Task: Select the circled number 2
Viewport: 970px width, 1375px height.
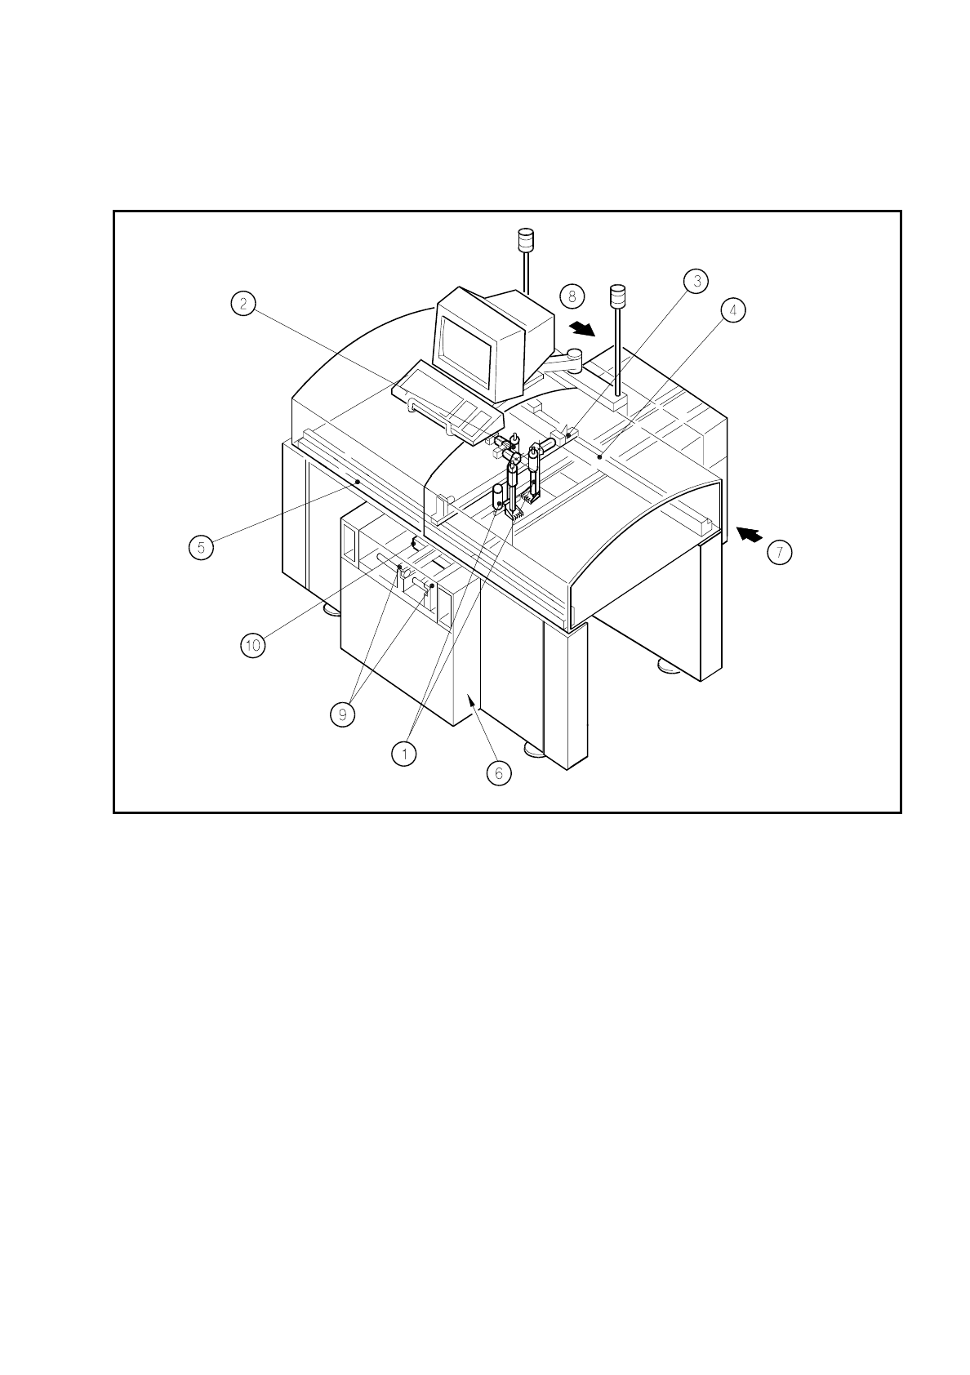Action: point(242,304)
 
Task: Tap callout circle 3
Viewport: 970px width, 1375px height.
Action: point(696,282)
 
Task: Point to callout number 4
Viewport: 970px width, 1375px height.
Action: point(732,310)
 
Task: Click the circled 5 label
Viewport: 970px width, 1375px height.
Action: point(201,547)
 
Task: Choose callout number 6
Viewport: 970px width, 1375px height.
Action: point(499,772)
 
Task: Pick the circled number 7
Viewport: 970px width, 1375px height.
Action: point(779,553)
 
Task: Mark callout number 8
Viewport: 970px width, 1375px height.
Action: point(572,296)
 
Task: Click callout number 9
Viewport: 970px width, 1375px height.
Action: point(343,714)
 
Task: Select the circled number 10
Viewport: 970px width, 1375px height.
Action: point(253,645)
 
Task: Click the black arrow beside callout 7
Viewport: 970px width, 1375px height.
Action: point(750,534)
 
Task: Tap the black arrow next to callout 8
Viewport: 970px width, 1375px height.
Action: point(582,328)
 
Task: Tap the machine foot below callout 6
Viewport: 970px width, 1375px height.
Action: point(534,750)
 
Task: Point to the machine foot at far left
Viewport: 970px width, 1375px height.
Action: point(331,609)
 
